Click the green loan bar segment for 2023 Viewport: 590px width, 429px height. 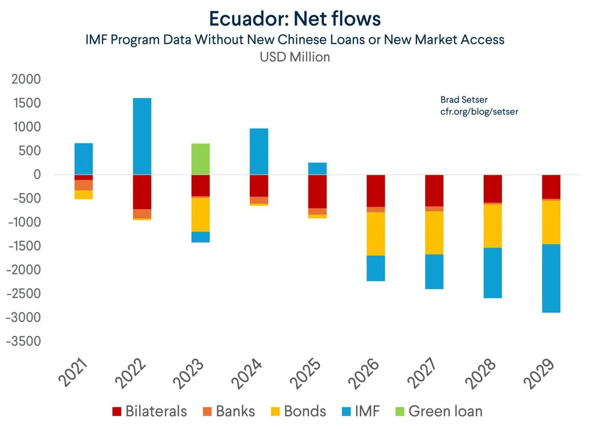[201, 159]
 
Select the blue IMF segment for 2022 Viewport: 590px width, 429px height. [142, 136]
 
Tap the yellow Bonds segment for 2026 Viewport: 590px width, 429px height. [376, 234]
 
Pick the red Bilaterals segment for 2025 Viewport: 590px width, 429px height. [317, 191]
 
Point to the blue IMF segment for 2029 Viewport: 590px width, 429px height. [551, 278]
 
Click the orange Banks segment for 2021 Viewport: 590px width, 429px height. [84, 185]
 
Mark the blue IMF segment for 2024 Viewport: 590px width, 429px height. [259, 152]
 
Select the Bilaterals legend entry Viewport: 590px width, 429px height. [149, 411]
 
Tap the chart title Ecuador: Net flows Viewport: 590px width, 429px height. [295, 19]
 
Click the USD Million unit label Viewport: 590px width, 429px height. [295, 57]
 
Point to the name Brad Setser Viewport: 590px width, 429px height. [464, 100]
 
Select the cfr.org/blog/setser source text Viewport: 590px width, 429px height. [479, 112]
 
